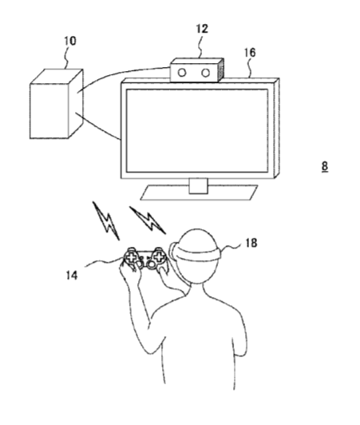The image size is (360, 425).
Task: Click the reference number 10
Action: pyautogui.click(x=70, y=41)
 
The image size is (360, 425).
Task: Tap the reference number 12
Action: pyautogui.click(x=202, y=29)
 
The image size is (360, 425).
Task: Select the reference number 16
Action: pyautogui.click(x=250, y=53)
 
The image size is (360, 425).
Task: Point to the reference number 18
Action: pyautogui.click(x=251, y=243)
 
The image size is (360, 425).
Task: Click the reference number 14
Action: pyautogui.click(x=72, y=276)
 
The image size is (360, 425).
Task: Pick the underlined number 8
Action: pyautogui.click(x=325, y=166)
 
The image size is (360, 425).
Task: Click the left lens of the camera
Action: pyautogui.click(x=182, y=73)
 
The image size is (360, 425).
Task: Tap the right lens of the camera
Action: pyautogui.click(x=206, y=73)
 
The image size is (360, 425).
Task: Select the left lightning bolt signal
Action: pyautogui.click(x=106, y=220)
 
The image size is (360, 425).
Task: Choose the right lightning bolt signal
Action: pyautogui.click(x=148, y=220)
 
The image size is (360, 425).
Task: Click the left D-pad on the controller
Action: pyautogui.click(x=131, y=257)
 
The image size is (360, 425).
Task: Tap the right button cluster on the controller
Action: pyautogui.click(x=160, y=256)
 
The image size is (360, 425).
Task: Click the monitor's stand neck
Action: pyautogui.click(x=198, y=186)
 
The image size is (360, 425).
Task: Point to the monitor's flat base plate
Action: pyautogui.click(x=199, y=193)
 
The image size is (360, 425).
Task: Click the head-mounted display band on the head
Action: pyautogui.click(x=198, y=254)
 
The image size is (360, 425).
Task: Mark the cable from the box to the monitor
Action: pyautogui.click(x=98, y=126)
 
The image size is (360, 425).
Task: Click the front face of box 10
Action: pyautogui.click(x=49, y=111)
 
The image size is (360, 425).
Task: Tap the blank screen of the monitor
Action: pyautogui.click(x=197, y=130)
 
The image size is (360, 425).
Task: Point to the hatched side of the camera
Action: pyautogui.click(x=221, y=70)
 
